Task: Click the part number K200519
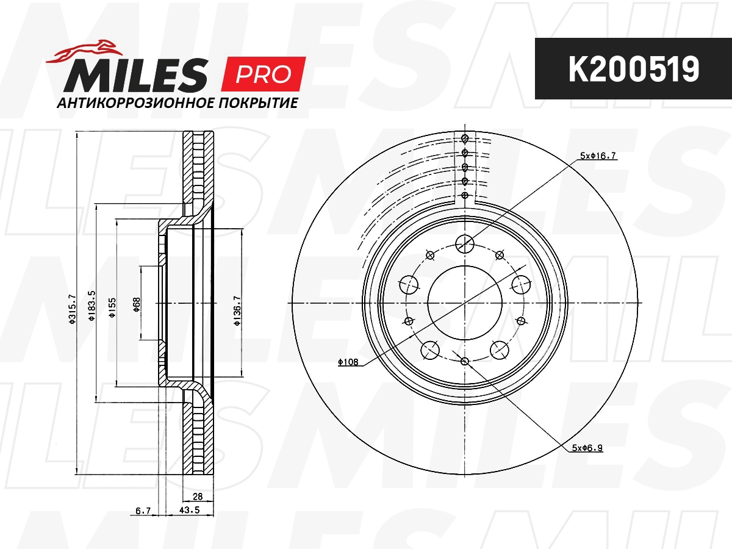pos(633,70)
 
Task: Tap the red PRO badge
pos(265,73)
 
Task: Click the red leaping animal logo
pos(85,51)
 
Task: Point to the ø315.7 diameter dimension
pos(72,309)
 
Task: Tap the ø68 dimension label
pos(137,304)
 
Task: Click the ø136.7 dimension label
pos(237,310)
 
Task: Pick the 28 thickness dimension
pos(198,497)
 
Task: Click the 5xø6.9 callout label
pos(587,448)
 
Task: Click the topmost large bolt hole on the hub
pos(465,244)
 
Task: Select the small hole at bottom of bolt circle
pos(465,361)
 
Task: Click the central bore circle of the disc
pos(465,303)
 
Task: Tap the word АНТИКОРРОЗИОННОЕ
pos(134,103)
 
